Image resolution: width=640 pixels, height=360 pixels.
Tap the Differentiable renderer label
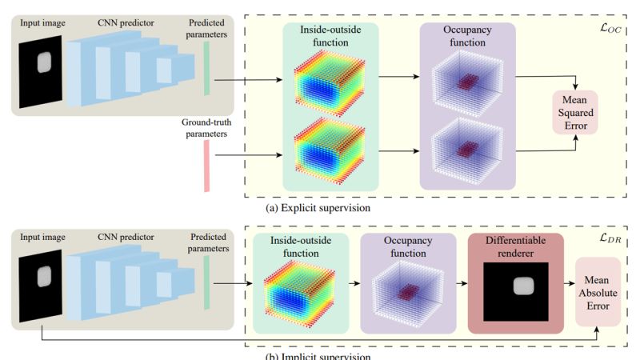[516, 246]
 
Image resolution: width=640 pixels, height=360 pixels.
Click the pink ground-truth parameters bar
[206, 166]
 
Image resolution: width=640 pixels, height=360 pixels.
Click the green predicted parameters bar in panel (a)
[206, 68]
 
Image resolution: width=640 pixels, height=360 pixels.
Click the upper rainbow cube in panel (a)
[330, 80]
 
